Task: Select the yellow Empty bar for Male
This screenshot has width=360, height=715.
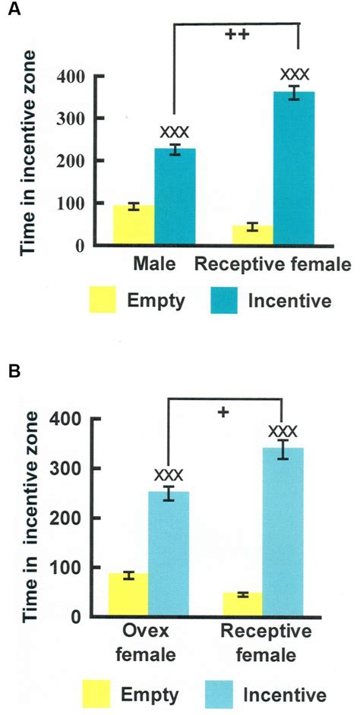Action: (134, 225)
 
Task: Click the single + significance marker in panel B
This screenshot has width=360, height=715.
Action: (223, 412)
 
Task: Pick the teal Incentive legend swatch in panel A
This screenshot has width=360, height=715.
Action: (221, 300)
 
